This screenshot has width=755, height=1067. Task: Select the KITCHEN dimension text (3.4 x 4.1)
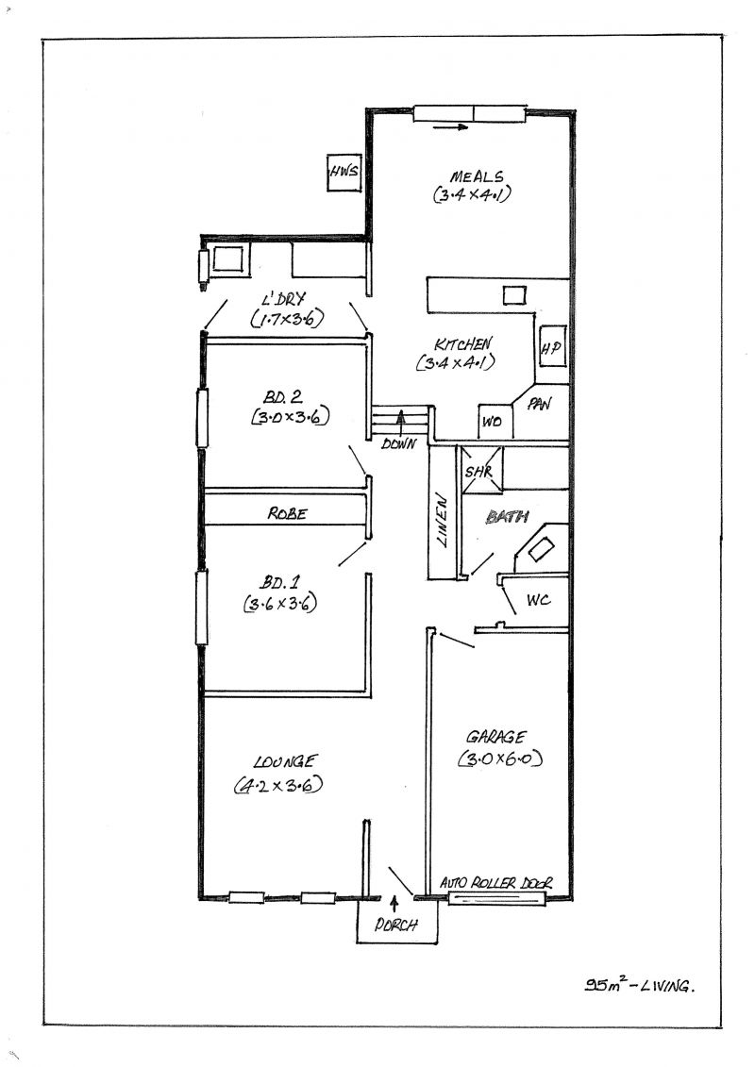[455, 362]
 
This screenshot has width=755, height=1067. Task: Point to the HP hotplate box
[552, 347]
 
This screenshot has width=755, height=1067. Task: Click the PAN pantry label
[539, 404]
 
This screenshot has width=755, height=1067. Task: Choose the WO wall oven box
[493, 422]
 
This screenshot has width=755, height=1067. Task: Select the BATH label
[507, 517]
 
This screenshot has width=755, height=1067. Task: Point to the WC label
[539, 600]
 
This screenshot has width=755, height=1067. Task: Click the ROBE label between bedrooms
[287, 514]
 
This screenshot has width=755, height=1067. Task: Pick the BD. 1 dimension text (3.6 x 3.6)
[279, 603]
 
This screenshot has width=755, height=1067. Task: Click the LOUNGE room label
[285, 761]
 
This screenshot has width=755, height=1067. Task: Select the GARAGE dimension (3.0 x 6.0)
[501, 759]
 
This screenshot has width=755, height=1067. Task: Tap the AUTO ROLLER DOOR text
[496, 883]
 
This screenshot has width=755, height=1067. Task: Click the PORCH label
[395, 925]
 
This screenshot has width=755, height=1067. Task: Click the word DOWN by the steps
[398, 444]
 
